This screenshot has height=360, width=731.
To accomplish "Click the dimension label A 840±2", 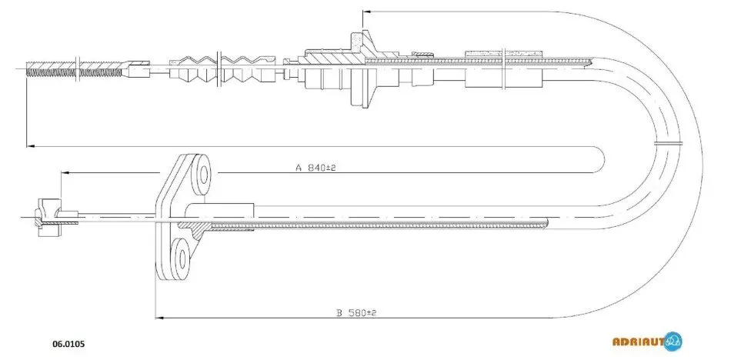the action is tap(315, 168).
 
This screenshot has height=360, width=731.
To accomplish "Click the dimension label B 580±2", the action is tap(356, 312).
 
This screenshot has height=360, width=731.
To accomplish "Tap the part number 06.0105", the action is tap(68, 344).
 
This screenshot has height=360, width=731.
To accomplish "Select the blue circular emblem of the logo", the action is tap(673, 342).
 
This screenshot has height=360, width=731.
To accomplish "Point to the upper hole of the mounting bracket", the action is tap(204, 175).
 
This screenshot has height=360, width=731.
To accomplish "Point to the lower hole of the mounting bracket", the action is tap(182, 256).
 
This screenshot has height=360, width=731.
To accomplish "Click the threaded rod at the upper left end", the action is tap(75, 68).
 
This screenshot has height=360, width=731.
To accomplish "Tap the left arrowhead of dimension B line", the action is tap(159, 318).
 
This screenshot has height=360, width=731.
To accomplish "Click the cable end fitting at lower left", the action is tap(49, 217).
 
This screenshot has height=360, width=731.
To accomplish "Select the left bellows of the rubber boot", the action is tap(192, 69).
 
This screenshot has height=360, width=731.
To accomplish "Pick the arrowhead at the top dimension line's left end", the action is tap(366, 12).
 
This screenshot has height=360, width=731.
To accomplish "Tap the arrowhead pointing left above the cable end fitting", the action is tap(65, 173).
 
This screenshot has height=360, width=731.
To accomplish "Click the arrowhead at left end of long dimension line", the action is tap(31, 146).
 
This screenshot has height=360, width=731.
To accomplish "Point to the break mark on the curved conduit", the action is tap(668, 143).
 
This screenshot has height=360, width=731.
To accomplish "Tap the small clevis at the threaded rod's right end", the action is tap(138, 68).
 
